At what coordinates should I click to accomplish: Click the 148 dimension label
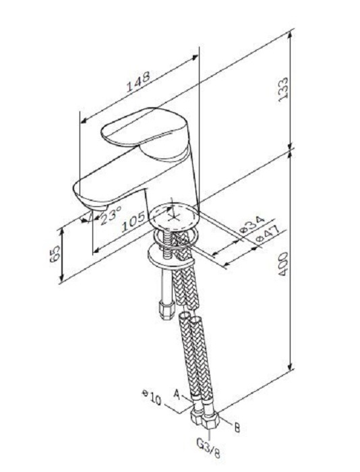(138, 82)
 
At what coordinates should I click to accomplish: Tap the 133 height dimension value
(283, 90)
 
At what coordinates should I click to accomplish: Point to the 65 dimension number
(55, 254)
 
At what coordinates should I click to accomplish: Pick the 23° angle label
(111, 215)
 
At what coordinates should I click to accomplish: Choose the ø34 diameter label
(252, 225)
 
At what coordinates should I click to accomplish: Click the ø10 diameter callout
(152, 398)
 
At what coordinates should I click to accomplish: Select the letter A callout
(177, 394)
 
